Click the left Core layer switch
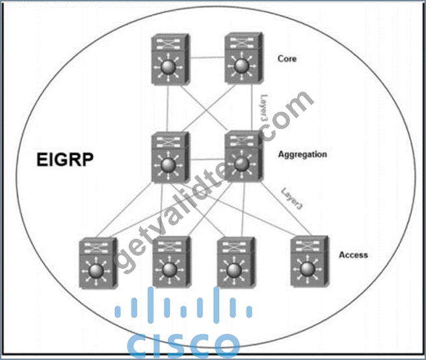click(x=170, y=59)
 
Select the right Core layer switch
click(x=244, y=58)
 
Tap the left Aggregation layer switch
click(x=170, y=158)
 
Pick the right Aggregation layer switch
click(x=244, y=156)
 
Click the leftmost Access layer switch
click(x=98, y=263)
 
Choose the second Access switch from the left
click(x=172, y=262)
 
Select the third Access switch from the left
click(x=236, y=262)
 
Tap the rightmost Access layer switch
click(x=310, y=261)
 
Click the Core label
click(x=287, y=59)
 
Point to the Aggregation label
click(x=302, y=154)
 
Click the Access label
click(x=353, y=255)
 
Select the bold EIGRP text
click(x=65, y=159)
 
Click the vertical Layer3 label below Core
click(x=264, y=107)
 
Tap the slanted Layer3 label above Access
click(x=291, y=199)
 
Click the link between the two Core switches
click(x=207, y=57)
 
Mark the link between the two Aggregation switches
click(x=207, y=159)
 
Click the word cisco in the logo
click(x=183, y=344)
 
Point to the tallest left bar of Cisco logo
click(x=150, y=305)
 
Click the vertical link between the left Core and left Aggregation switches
click(x=168, y=109)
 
